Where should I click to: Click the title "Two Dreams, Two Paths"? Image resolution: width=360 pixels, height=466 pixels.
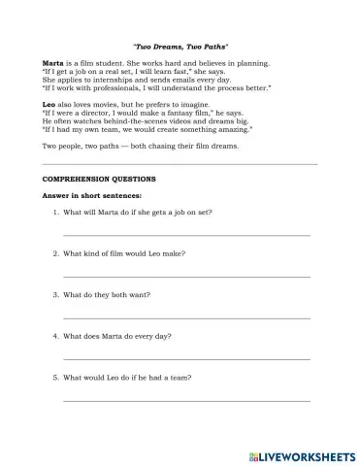(x=180, y=46)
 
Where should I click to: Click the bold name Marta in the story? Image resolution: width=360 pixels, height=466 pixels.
(x=54, y=61)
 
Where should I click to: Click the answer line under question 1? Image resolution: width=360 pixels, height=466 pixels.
(x=186, y=234)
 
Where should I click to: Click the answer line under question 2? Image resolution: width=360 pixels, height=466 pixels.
(x=186, y=276)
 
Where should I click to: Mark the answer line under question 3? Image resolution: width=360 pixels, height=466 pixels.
(x=186, y=316)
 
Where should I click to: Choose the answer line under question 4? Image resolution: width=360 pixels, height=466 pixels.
(x=186, y=358)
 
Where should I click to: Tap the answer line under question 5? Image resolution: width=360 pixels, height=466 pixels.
(x=186, y=399)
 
